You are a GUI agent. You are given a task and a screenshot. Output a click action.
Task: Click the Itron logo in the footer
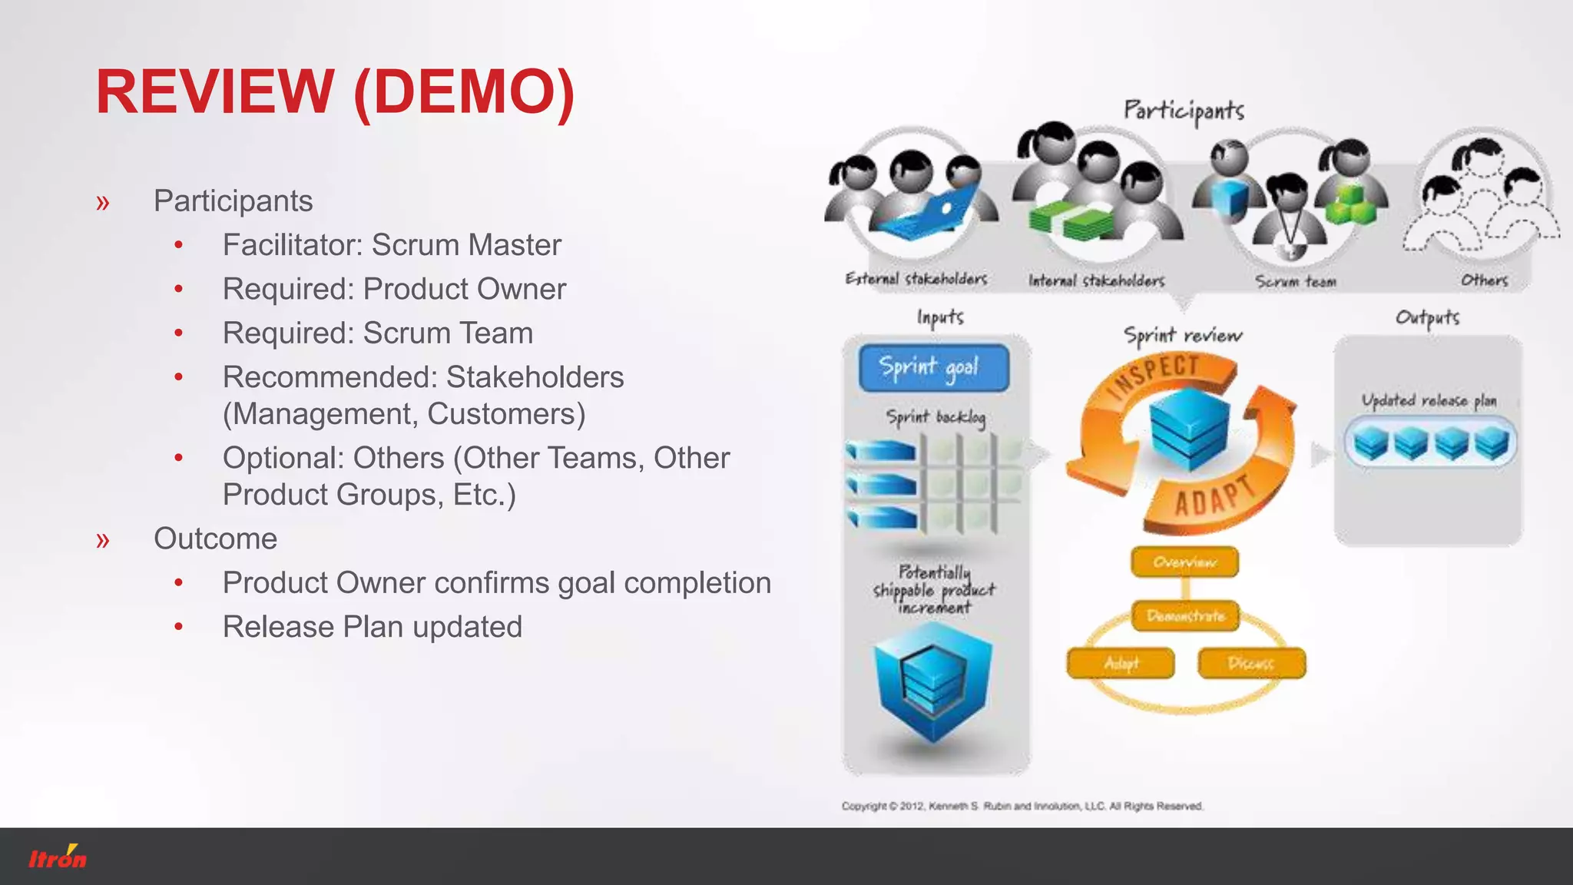tap(58, 857)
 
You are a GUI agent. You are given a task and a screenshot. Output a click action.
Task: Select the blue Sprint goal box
tap(932, 368)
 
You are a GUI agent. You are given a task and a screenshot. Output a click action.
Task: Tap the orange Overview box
tap(1184, 562)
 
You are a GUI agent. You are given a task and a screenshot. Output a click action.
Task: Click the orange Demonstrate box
tap(1186, 616)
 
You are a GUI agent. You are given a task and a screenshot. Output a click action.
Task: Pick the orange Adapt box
tap(1121, 663)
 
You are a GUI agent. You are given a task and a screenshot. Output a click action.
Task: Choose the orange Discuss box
tap(1251, 663)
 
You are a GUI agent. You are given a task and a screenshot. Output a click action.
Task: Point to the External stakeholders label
tap(916, 279)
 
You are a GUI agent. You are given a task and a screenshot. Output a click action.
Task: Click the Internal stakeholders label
tap(1096, 281)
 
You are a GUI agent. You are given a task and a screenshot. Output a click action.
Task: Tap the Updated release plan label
tap(1429, 401)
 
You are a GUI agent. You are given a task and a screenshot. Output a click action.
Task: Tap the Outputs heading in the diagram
tap(1427, 318)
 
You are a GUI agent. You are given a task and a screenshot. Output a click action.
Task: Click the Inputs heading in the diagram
tap(939, 317)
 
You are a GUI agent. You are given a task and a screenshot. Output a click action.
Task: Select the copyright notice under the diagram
tap(1022, 806)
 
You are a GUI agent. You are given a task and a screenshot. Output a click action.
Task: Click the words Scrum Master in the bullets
tap(466, 245)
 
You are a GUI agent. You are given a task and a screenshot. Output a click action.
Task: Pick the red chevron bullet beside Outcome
tap(103, 539)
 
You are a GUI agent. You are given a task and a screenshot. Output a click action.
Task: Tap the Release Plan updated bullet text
tap(373, 627)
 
